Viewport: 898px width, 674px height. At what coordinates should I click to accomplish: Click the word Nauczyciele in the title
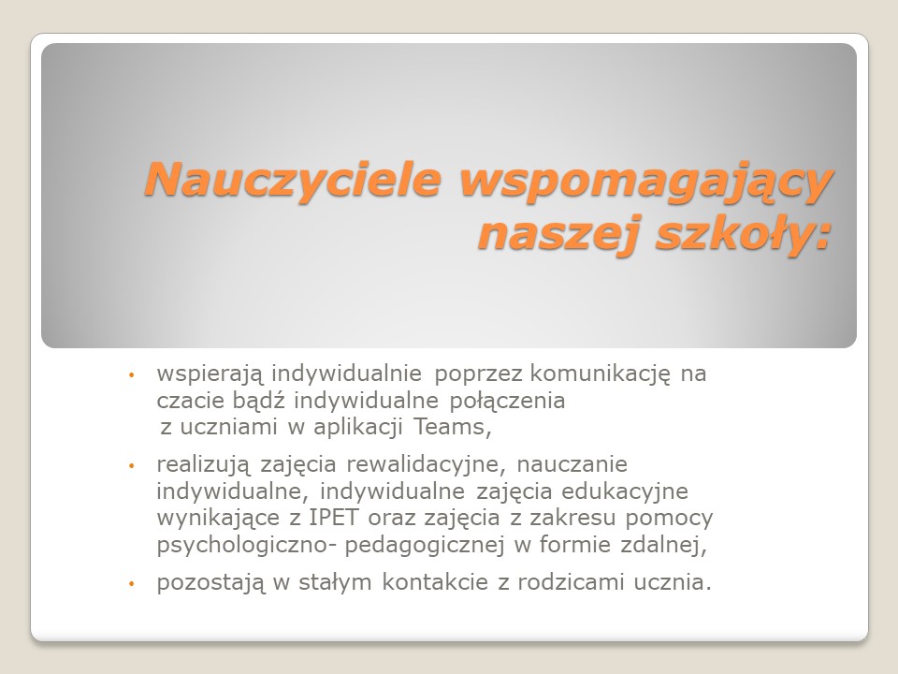coord(293,179)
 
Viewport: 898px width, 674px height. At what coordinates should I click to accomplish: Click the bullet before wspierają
coord(131,375)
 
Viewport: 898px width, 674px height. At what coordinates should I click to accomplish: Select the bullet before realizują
coord(131,466)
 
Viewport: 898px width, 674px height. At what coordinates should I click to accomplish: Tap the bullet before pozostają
coord(131,584)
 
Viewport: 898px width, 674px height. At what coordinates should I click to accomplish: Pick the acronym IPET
coord(334,517)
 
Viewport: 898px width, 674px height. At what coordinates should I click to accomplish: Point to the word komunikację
coord(600,374)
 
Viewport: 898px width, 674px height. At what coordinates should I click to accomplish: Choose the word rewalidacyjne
coord(423,464)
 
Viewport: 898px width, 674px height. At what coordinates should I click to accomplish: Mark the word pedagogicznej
coord(425,545)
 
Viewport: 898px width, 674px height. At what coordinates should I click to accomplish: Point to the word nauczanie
coord(572,464)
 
